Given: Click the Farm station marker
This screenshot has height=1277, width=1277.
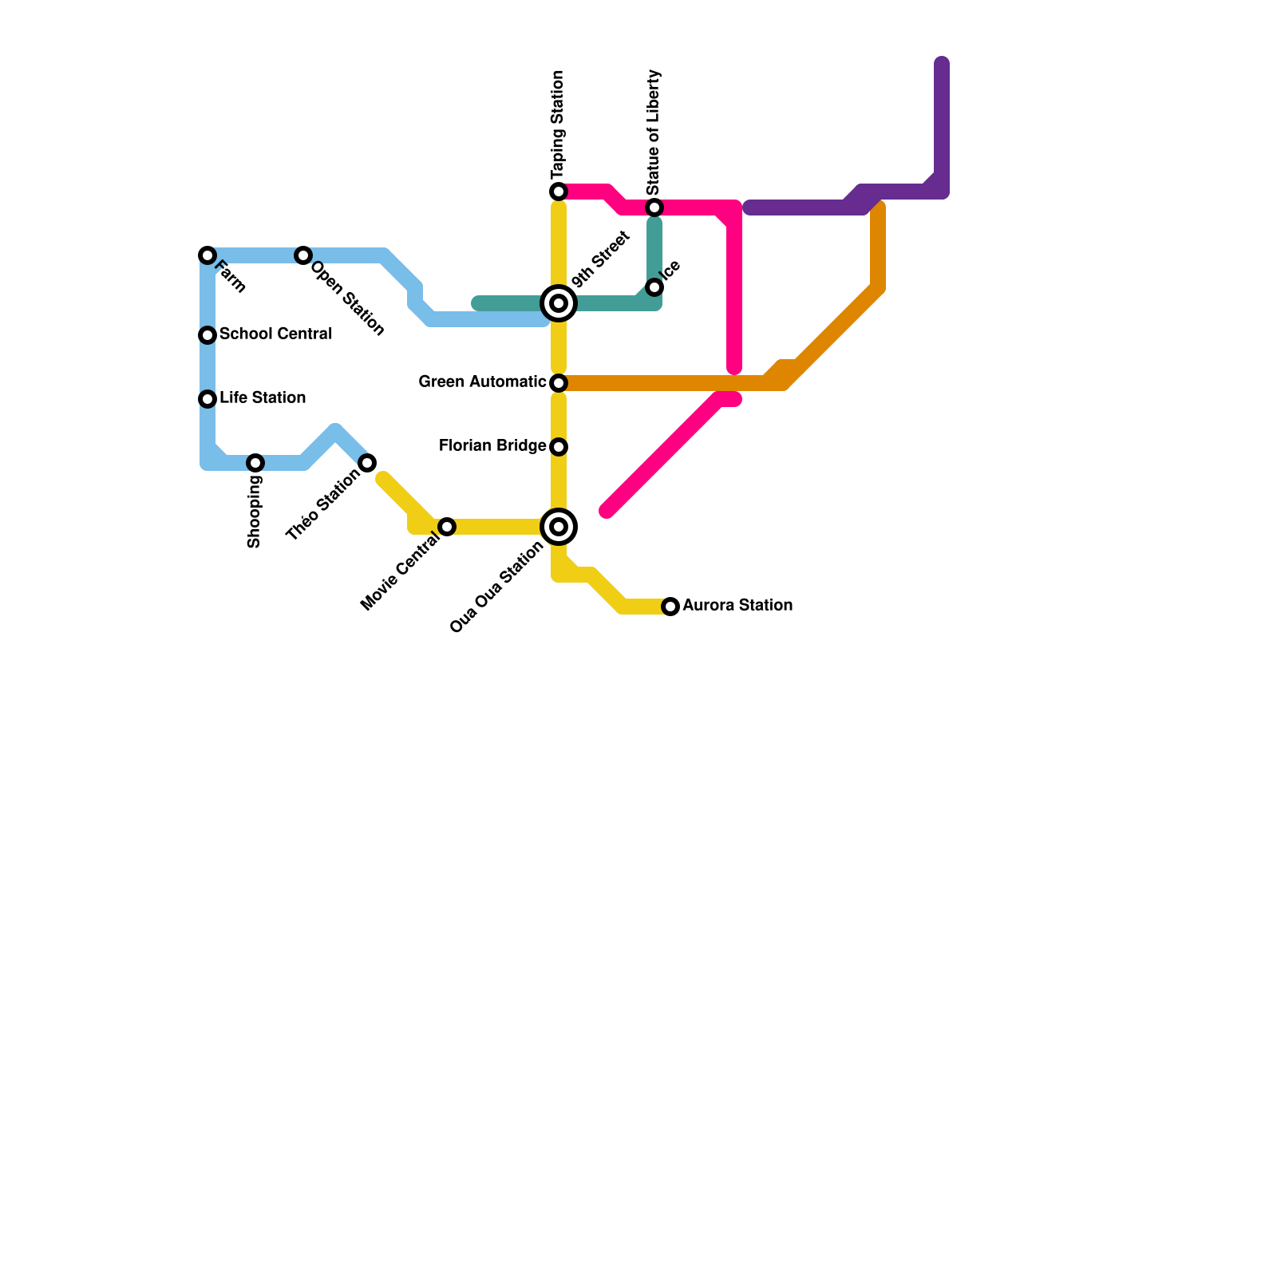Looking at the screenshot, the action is point(208,255).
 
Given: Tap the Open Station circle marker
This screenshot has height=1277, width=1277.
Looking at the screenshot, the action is point(303,255).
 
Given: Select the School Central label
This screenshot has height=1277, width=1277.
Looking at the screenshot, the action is point(275,334).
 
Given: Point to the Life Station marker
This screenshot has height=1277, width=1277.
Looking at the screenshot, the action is point(208,399).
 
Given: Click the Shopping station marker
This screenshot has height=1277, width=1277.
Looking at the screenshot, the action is point(255,463).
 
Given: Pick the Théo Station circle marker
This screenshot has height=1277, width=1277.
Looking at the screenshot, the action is point(367,463).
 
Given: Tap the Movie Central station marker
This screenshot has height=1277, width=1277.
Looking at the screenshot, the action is point(447,527).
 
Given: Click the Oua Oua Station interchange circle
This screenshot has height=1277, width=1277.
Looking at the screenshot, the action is point(559,527).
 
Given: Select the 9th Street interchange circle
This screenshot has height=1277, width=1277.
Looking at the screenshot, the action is point(559,303).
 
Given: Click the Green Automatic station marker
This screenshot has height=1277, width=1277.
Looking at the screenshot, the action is point(559,383).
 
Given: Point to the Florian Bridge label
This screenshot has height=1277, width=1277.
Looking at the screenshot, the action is point(492,446).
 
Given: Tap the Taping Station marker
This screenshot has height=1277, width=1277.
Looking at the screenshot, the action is point(559,192).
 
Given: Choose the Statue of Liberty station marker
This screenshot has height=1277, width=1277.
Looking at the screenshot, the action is point(654,208).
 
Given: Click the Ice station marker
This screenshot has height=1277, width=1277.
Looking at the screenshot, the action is point(654,287).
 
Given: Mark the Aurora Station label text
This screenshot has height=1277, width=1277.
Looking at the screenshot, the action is point(737,606).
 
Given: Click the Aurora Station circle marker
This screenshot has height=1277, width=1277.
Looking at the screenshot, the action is point(670,607).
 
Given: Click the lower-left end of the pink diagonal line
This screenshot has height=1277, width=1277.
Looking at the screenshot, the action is point(607,511).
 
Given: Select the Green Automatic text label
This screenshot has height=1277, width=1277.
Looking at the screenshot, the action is point(482,382).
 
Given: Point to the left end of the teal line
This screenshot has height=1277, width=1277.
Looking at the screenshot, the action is point(477,303).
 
